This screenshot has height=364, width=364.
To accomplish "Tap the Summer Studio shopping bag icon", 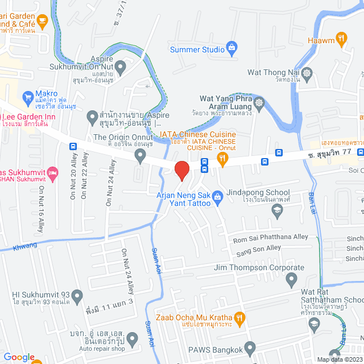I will point(231,47).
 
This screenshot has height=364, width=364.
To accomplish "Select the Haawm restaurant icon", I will point(341,39).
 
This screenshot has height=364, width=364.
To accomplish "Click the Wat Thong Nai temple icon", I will point(307,73).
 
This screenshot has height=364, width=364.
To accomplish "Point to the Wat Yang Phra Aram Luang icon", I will point(260,103).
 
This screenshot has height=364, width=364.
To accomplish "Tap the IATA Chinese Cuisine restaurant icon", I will point(224,162).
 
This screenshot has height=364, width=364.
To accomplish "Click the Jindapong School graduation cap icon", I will point(277,210).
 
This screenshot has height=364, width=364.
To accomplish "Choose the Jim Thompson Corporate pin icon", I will point(292,279).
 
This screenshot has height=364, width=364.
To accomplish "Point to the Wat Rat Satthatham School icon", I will point(313,324).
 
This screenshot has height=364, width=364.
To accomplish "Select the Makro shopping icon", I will point(27,98).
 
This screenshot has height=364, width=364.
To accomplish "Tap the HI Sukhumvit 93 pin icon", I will point(77,295).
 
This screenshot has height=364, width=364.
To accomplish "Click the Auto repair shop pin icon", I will point(133,340).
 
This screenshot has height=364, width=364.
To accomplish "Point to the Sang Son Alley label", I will point(258,248).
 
